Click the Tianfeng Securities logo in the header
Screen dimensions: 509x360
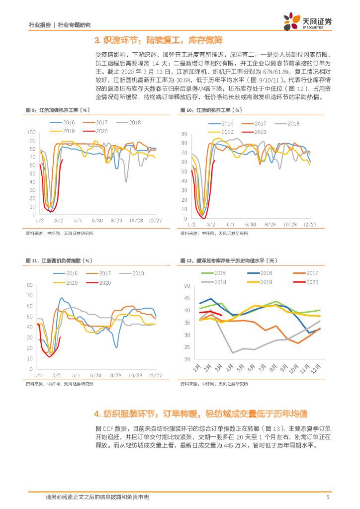point(308,21)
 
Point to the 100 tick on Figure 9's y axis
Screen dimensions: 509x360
point(30,132)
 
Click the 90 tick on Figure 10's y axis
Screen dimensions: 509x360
point(183,134)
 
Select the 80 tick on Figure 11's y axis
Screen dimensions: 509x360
point(29,285)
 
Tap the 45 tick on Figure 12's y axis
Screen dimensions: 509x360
point(187,298)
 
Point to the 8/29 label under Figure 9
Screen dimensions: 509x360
point(116,219)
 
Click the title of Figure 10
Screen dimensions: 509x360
point(211,110)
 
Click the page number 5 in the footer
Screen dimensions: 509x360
point(328,497)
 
